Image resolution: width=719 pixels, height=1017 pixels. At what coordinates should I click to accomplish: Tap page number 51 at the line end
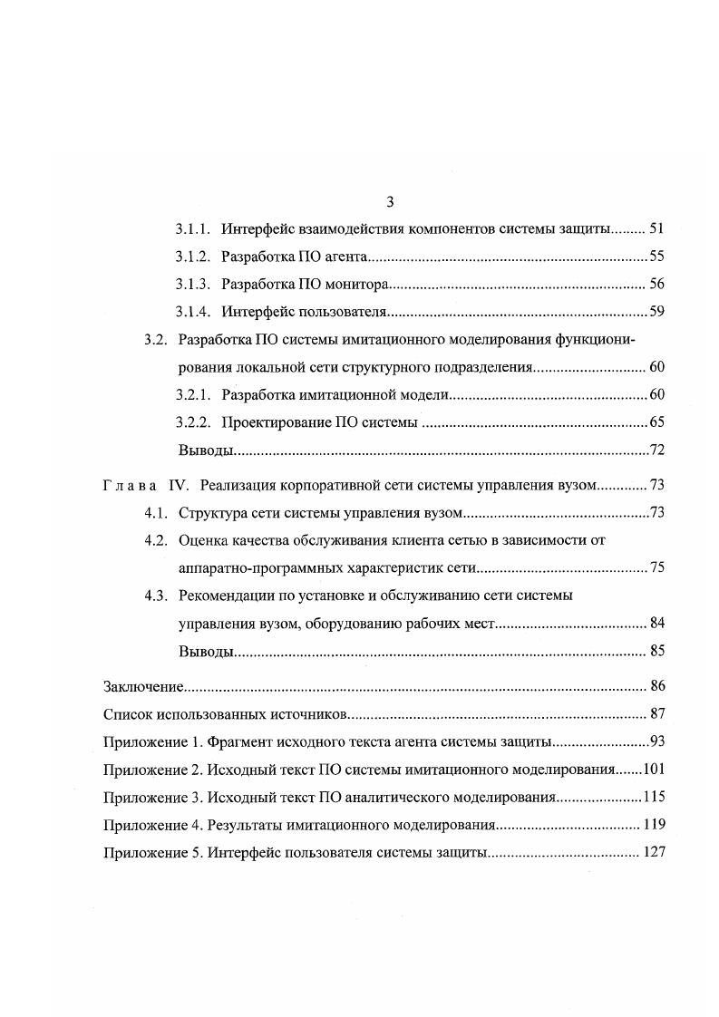click(x=657, y=228)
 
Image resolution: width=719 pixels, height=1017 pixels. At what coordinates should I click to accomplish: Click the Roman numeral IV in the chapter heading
click(x=179, y=485)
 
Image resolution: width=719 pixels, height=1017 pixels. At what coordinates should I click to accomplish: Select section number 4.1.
click(x=156, y=513)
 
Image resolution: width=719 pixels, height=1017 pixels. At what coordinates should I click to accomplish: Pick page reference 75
click(x=657, y=569)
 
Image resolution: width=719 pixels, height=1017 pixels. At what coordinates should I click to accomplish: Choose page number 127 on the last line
click(x=654, y=853)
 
